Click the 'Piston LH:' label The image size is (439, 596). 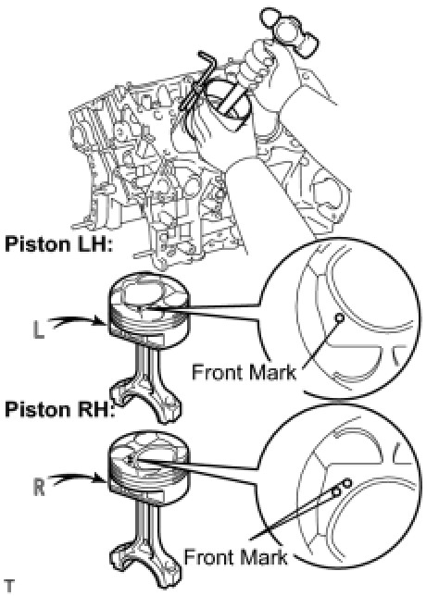click(59, 244)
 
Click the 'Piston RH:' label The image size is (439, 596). click(59, 409)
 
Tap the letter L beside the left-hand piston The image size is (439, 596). click(38, 330)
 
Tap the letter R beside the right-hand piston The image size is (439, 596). click(39, 487)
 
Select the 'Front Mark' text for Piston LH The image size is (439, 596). click(244, 372)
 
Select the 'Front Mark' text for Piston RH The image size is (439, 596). click(236, 558)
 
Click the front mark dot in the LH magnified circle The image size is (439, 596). click(339, 317)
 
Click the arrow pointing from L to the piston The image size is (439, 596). click(78, 321)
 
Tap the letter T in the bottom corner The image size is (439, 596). click(8, 587)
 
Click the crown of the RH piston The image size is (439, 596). click(149, 452)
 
